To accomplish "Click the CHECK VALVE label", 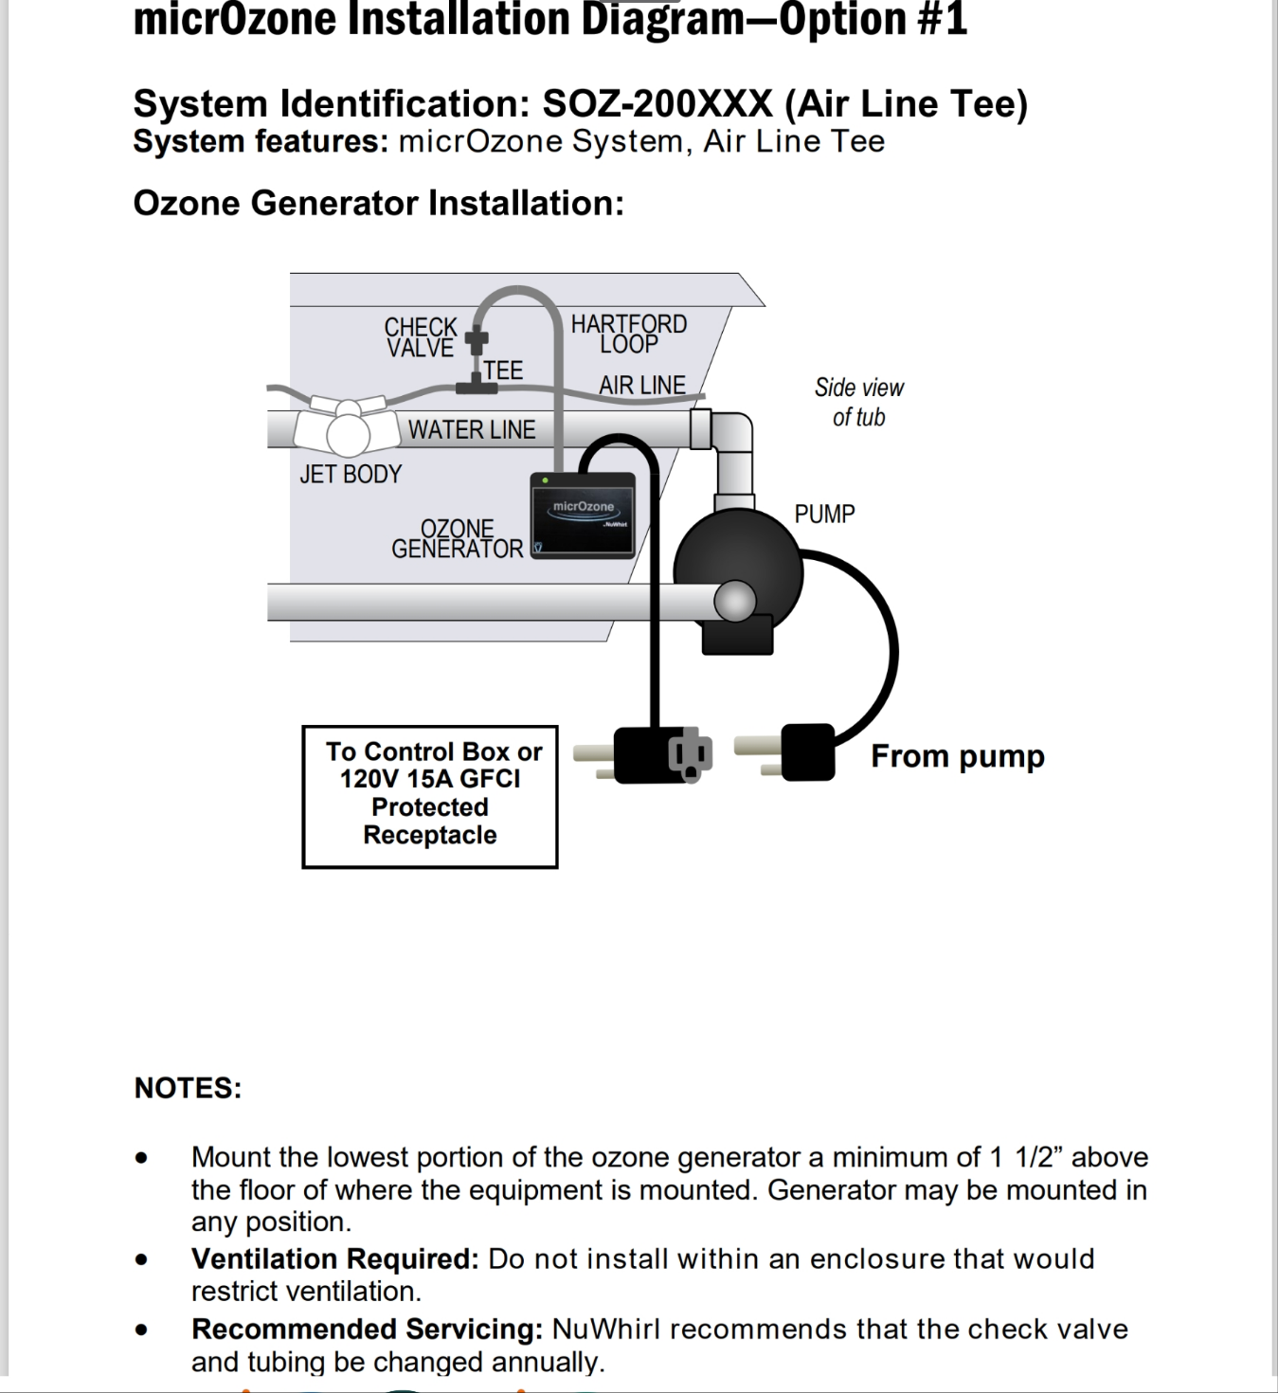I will pyautogui.click(x=421, y=337).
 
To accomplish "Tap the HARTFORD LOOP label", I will pyautogui.click(x=628, y=334).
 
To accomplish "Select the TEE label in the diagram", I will pyautogui.click(x=503, y=371).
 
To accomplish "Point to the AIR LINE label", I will pyautogui.click(x=641, y=385).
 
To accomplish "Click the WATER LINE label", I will pyautogui.click(x=472, y=429).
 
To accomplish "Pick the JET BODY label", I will pyautogui.click(x=351, y=474).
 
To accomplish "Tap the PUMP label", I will pyautogui.click(x=824, y=514).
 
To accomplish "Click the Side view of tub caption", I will pyautogui.click(x=858, y=402).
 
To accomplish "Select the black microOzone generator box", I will pyautogui.click(x=583, y=516).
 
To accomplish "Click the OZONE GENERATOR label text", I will pyautogui.click(x=457, y=538).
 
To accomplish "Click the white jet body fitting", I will pyautogui.click(x=346, y=428).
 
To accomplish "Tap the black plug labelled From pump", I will pyautogui.click(x=807, y=752).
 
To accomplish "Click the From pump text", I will pyautogui.click(x=957, y=756).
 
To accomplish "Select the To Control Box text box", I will pyautogui.click(x=430, y=796).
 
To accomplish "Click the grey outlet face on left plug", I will pyautogui.click(x=690, y=755).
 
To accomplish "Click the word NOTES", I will pyautogui.click(x=188, y=1088).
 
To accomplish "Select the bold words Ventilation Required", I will pyautogui.click(x=334, y=1258).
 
